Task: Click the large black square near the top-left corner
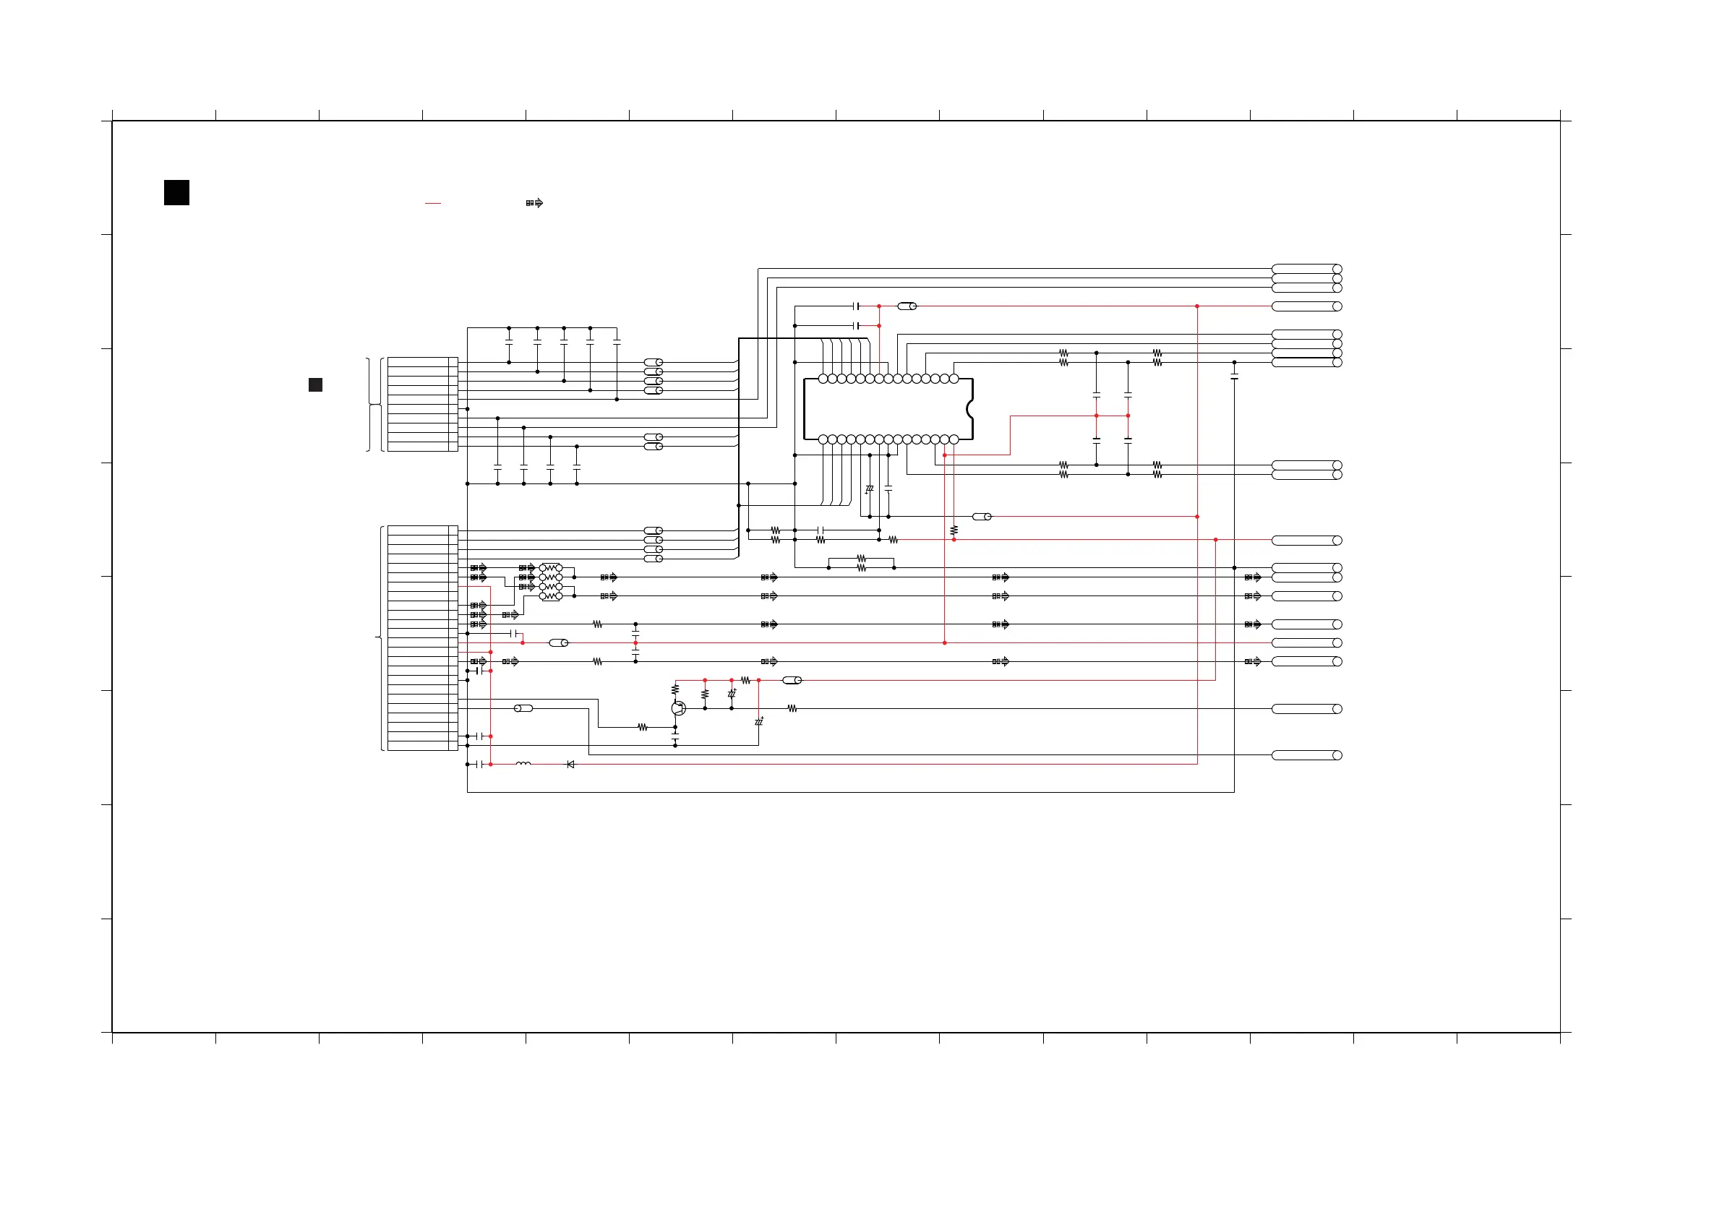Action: point(176,193)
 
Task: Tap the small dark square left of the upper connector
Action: point(315,384)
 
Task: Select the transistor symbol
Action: point(678,708)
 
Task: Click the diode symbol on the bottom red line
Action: point(570,764)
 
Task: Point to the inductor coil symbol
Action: point(523,764)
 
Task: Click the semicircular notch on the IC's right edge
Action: point(969,408)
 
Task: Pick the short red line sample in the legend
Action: point(433,203)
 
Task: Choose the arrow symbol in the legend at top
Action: point(534,203)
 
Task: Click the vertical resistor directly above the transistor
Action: point(675,689)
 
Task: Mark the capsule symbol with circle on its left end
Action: point(523,708)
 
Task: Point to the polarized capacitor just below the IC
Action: point(869,489)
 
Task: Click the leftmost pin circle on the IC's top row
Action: point(823,379)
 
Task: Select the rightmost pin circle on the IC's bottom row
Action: point(954,439)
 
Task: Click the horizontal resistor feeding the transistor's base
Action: point(643,727)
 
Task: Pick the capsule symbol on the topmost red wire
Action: point(907,306)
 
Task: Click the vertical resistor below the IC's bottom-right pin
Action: point(954,530)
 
